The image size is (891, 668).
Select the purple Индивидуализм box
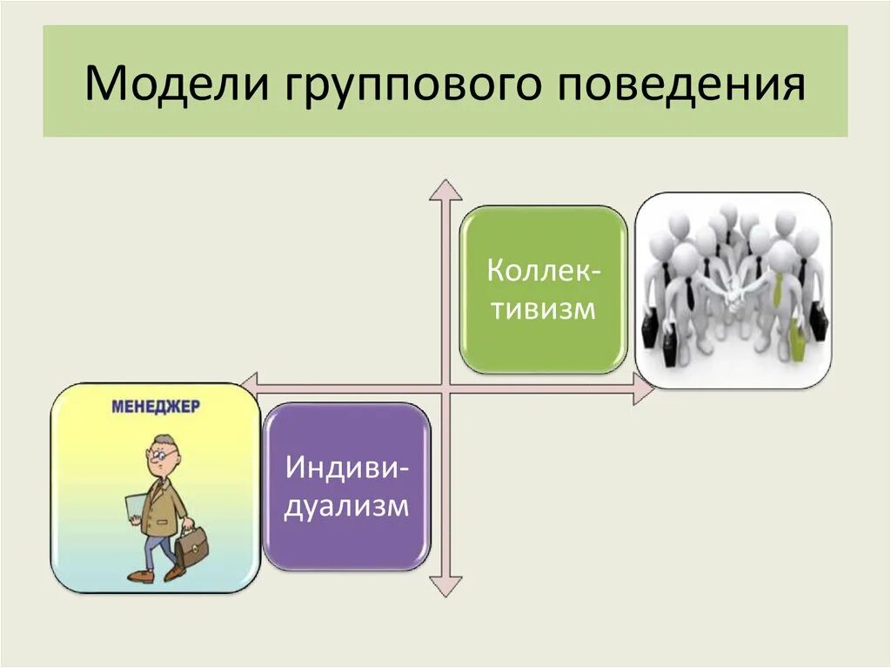pyautogui.click(x=346, y=487)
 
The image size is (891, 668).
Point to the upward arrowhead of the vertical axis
pyautogui.click(x=445, y=190)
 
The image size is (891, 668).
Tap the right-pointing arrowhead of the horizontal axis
pyautogui.click(x=643, y=390)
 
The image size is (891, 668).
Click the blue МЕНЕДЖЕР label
pyautogui.click(x=156, y=406)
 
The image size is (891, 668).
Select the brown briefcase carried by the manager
pyautogui.click(x=191, y=546)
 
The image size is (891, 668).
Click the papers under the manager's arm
pyautogui.click(x=135, y=509)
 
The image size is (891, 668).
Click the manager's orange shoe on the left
pyautogui.click(x=139, y=576)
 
